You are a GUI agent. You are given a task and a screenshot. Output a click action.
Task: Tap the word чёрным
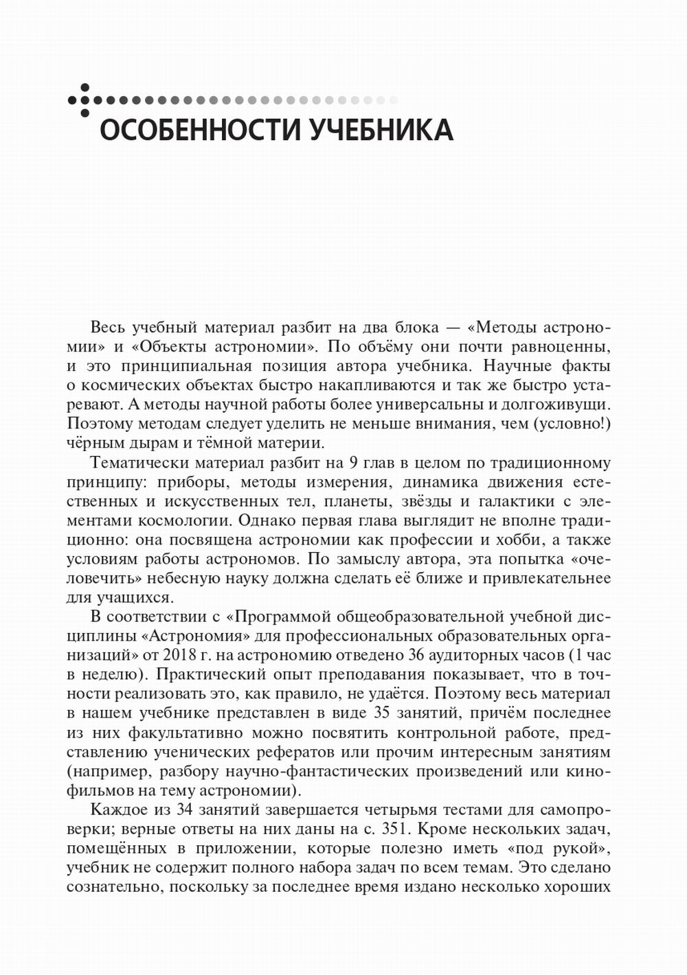coord(95,443)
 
